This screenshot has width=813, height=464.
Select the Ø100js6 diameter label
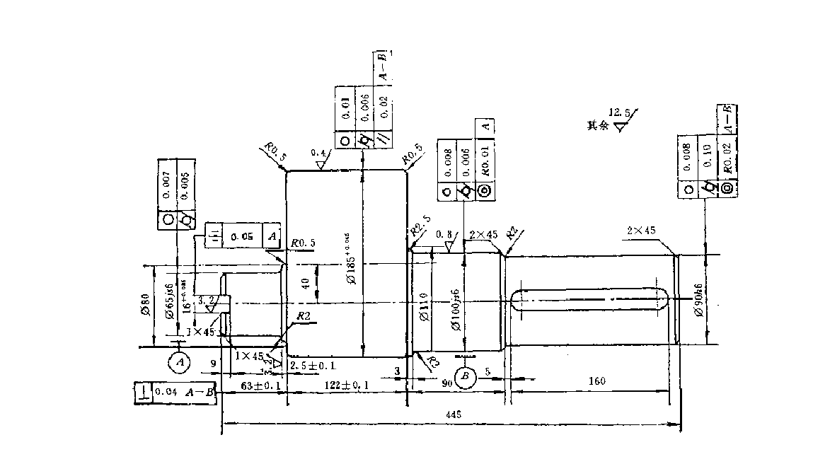[x=457, y=309]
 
